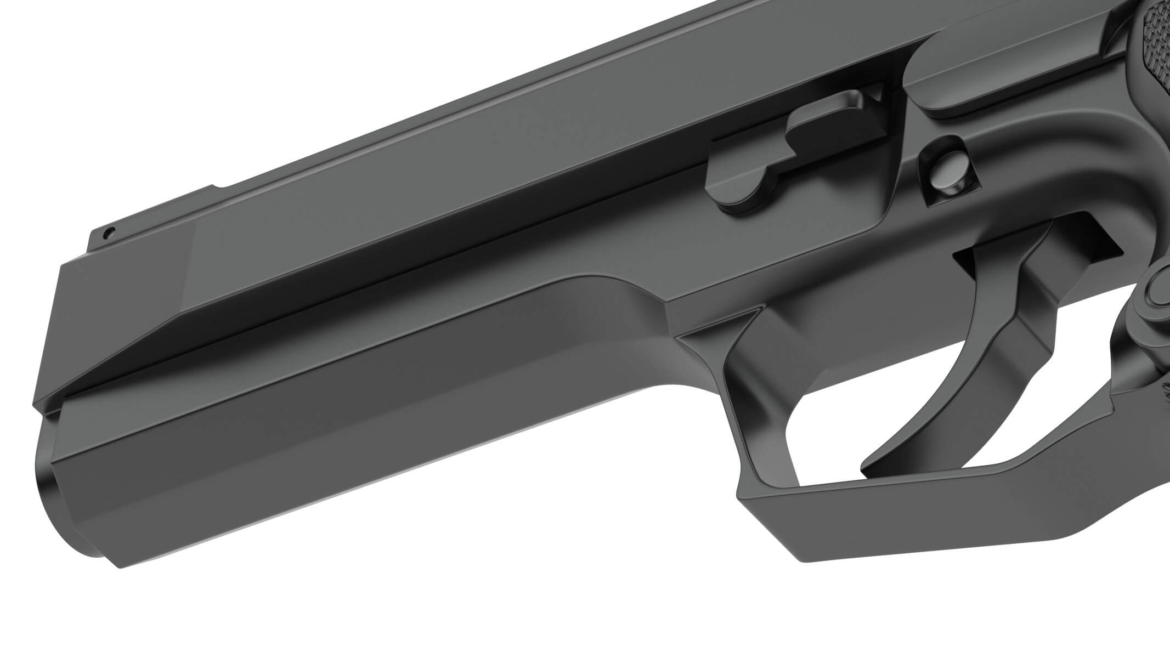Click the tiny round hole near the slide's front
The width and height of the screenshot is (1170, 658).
coord(110,231)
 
